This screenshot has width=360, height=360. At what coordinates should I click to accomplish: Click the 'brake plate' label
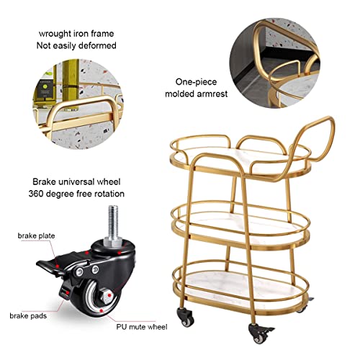click(x=36, y=235)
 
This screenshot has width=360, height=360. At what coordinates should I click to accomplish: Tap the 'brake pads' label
click(x=28, y=315)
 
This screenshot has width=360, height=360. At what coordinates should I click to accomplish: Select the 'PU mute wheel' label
click(x=142, y=327)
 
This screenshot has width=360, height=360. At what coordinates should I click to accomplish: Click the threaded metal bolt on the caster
click(x=113, y=223)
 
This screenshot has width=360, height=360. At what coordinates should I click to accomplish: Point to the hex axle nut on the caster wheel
click(x=106, y=297)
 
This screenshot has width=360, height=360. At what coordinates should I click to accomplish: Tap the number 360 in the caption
click(x=36, y=194)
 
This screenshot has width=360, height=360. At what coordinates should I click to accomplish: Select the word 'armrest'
click(x=212, y=94)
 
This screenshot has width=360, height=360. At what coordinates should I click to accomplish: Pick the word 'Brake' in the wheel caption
click(x=45, y=181)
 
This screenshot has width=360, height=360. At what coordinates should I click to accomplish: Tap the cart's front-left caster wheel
click(x=186, y=317)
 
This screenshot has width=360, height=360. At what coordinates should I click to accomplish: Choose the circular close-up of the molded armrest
click(x=274, y=63)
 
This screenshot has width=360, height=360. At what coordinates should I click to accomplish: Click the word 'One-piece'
click(x=196, y=82)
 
